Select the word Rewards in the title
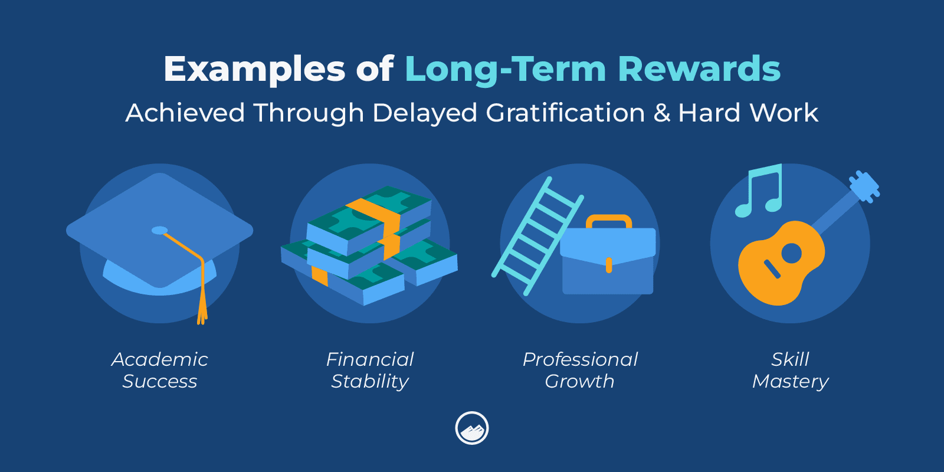point(699,68)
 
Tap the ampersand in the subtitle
point(662,113)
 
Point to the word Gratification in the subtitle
point(566,113)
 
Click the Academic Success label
point(160,371)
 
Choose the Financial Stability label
point(369,371)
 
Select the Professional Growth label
point(580,371)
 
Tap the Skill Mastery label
point(790,371)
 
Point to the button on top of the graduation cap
point(160,230)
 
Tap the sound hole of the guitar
point(791,253)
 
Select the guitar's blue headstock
point(864,187)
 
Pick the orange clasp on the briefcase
point(608,265)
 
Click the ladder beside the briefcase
point(537,236)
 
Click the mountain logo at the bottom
point(472,428)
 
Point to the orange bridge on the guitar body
point(772,269)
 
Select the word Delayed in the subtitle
point(424,113)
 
